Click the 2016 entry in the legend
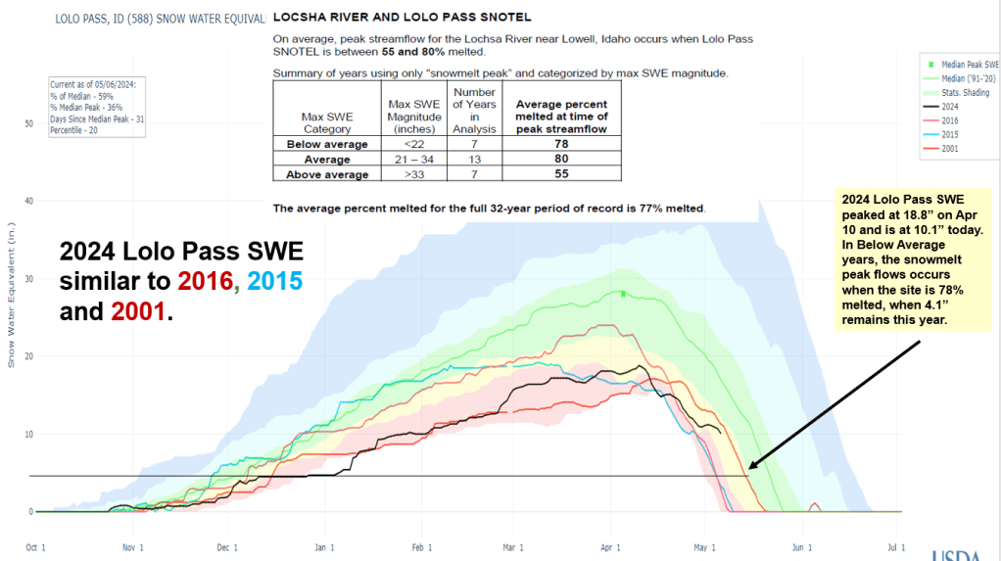tap(950, 120)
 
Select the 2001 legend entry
tap(950, 149)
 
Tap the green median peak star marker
tap(622, 293)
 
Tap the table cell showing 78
tap(561, 144)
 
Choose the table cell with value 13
tap(475, 160)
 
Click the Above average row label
tap(327, 174)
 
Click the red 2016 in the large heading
tap(207, 282)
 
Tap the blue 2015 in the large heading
tap(274, 282)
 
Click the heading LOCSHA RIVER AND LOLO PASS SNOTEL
tap(403, 17)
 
